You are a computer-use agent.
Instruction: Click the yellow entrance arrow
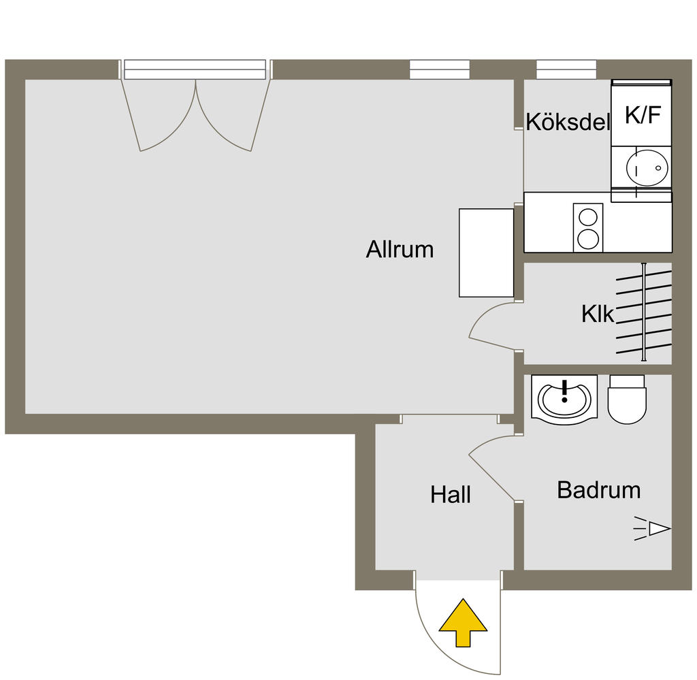pyautogui.click(x=463, y=624)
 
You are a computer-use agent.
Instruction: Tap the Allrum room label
pyautogui.click(x=400, y=249)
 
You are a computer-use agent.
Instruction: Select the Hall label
pyautogui.click(x=450, y=495)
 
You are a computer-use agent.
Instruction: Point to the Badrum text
pyautogui.click(x=598, y=489)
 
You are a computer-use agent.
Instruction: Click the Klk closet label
pyautogui.click(x=598, y=314)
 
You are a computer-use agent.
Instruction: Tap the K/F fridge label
pyautogui.click(x=643, y=116)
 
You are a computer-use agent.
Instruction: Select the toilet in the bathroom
pyautogui.click(x=626, y=400)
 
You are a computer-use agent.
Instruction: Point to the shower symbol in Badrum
pyautogui.click(x=654, y=528)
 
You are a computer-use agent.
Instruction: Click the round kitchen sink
pyautogui.click(x=647, y=167)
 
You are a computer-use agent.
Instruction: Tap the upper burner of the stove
pyautogui.click(x=588, y=217)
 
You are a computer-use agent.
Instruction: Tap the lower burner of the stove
pyautogui.click(x=588, y=238)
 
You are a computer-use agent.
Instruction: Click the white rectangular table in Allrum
pyautogui.click(x=486, y=253)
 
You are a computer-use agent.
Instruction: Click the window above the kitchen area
pyautogui.click(x=566, y=69)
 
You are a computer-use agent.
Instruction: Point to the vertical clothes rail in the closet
pyautogui.click(x=643, y=312)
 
